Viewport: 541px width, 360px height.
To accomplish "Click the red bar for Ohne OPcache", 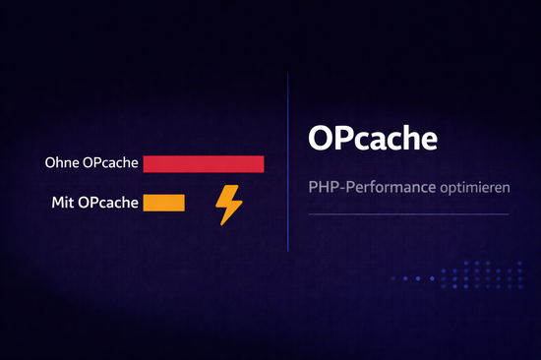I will point(204,163).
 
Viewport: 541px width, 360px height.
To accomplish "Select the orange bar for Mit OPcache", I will point(163,203).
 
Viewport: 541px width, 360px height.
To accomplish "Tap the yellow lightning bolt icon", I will point(229,205).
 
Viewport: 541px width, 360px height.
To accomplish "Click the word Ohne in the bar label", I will point(62,163).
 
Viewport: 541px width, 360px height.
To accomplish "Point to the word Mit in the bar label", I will point(62,204).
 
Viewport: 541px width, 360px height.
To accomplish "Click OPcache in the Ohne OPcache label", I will point(110,163).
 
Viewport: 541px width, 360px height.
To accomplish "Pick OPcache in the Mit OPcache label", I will point(107,204).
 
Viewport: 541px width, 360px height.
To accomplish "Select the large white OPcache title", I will point(371,138).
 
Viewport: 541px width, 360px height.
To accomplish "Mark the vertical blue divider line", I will point(287,162).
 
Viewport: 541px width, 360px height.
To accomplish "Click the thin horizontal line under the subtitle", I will point(408,213).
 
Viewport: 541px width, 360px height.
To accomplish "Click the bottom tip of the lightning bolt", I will point(222,224).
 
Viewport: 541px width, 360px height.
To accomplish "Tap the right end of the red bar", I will point(263,163).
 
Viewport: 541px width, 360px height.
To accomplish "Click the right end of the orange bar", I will point(183,203).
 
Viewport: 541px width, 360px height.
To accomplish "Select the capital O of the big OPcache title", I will point(320,138).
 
